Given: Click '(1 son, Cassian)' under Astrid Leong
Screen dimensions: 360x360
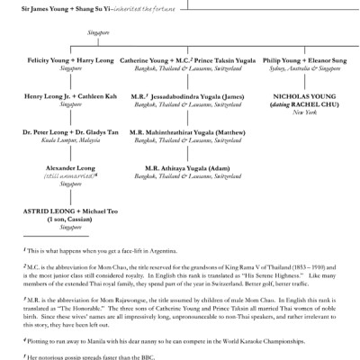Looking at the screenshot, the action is (65, 219).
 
